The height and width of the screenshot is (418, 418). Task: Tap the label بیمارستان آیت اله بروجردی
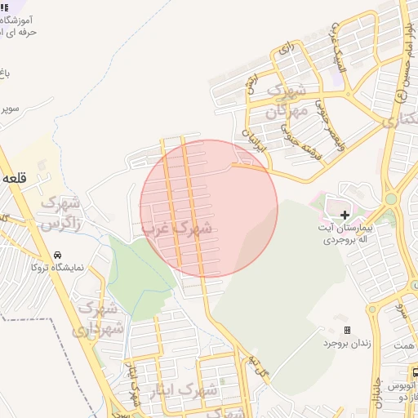point(348,233)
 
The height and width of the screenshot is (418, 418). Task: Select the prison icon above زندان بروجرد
point(347,331)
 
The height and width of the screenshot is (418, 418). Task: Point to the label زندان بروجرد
point(349,344)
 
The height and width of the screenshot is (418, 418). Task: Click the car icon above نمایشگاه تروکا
point(57,255)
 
